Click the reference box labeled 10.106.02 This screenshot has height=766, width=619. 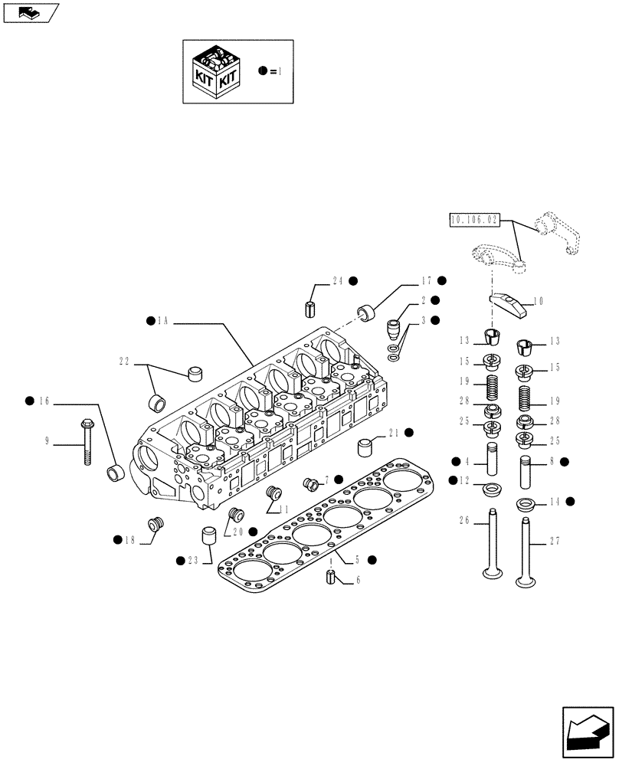pyautogui.click(x=473, y=221)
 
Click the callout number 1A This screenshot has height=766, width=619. pyautogui.click(x=162, y=322)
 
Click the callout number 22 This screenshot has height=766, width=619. pyautogui.click(x=125, y=361)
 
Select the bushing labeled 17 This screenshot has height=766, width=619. pyautogui.click(x=368, y=313)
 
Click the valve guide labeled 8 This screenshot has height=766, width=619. pyautogui.click(x=527, y=473)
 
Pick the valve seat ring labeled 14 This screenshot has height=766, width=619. pyautogui.click(x=526, y=506)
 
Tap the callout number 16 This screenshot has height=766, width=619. pyautogui.click(x=44, y=401)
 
